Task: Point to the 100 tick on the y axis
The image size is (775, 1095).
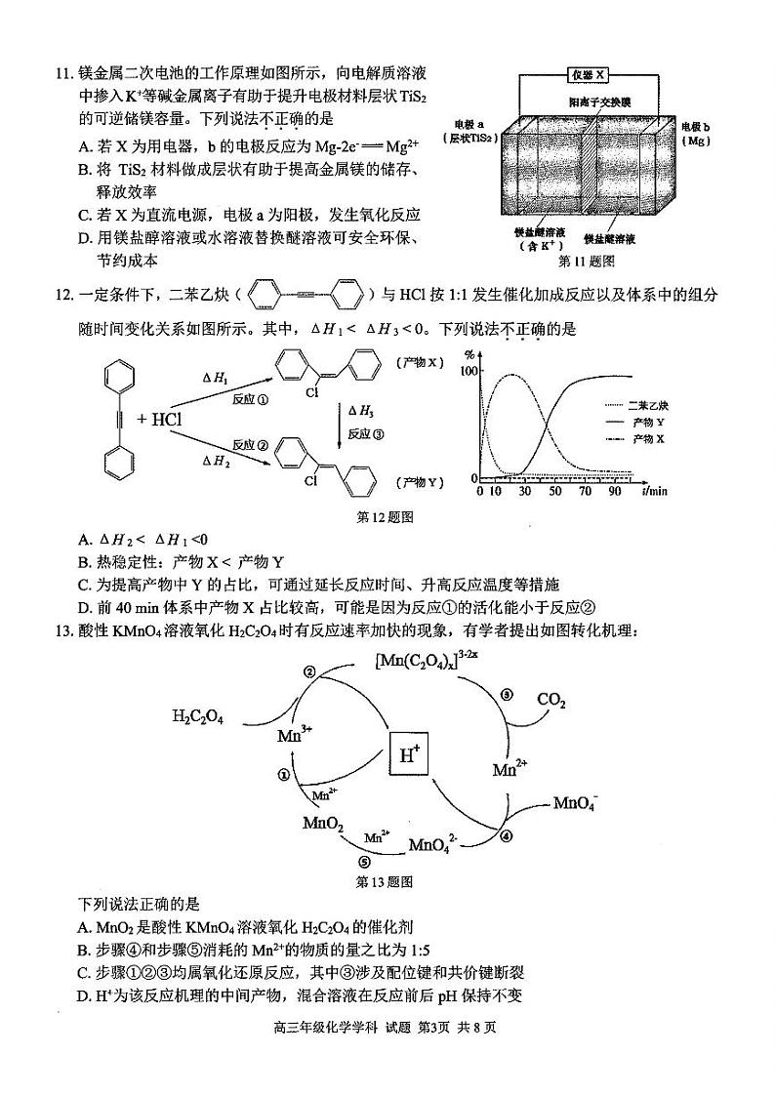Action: [x=468, y=372]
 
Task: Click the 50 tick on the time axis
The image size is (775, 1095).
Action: [x=555, y=491]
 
